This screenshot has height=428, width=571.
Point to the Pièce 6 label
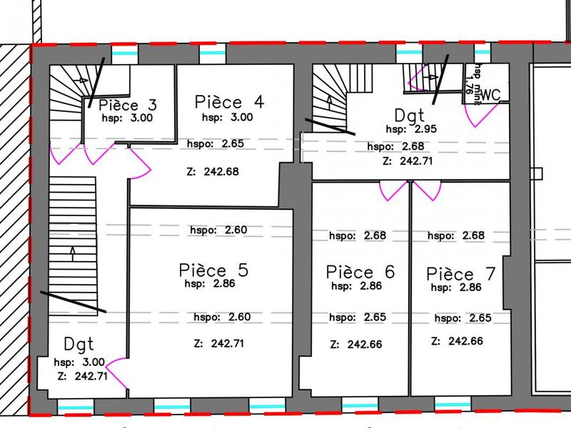click(x=360, y=272)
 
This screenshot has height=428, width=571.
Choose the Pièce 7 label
click(x=460, y=274)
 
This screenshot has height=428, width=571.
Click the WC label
click(x=490, y=94)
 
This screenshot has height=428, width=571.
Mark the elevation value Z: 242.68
click(x=211, y=171)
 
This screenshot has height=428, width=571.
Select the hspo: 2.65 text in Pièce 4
click(x=223, y=143)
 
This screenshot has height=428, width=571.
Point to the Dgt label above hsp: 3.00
click(x=79, y=344)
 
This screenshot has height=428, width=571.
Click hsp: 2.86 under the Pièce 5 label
click(x=215, y=282)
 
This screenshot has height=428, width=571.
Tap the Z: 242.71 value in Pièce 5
click(x=219, y=343)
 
